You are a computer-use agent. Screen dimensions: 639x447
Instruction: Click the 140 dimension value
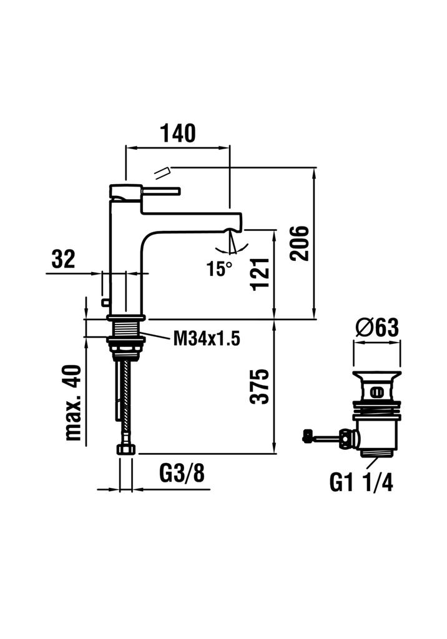click(x=178, y=133)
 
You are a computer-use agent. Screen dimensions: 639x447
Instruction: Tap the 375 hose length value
click(x=261, y=387)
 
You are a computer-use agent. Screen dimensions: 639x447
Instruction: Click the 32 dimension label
click(x=63, y=258)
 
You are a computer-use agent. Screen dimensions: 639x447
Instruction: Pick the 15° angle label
click(x=220, y=269)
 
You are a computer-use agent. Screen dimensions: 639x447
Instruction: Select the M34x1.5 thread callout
click(x=206, y=339)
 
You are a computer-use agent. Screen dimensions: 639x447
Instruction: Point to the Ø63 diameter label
click(x=376, y=328)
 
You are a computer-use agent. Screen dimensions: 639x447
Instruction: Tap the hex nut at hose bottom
click(x=126, y=449)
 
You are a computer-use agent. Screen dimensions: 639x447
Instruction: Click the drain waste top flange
click(x=376, y=376)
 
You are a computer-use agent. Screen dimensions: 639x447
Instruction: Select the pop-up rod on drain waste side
click(x=325, y=437)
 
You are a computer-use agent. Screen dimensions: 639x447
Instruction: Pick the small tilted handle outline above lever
click(x=162, y=172)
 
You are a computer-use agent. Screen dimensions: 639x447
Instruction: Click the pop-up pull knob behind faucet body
click(x=105, y=303)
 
